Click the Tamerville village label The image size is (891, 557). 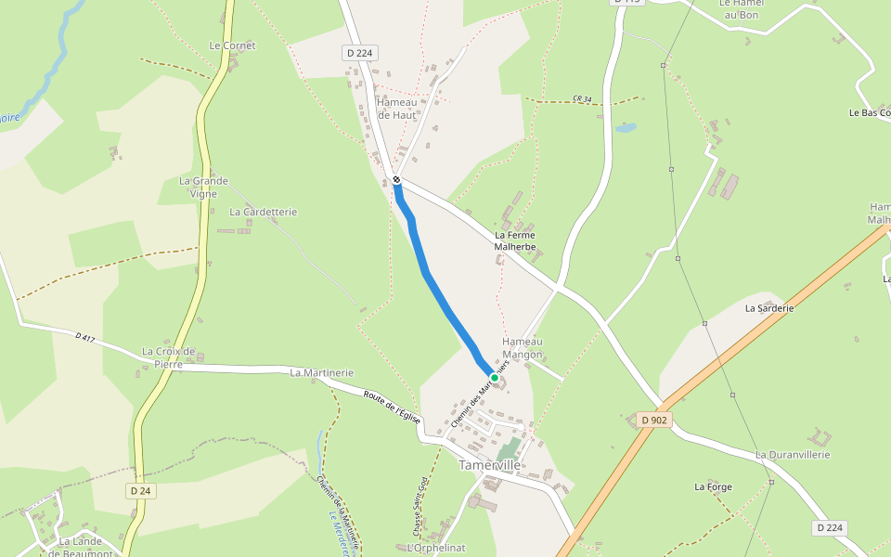point(489,464)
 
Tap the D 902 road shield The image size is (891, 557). point(654,421)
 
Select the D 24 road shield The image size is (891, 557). point(140,490)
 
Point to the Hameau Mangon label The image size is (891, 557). point(522,347)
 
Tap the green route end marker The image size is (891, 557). point(495,378)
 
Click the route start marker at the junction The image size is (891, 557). point(396,179)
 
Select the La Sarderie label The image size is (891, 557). point(769,307)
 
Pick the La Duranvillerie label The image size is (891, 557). point(792,455)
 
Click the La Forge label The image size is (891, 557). point(713,486)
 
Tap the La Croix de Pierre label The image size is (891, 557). point(168,357)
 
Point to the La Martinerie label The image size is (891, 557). point(321,373)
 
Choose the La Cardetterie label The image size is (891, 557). point(263,212)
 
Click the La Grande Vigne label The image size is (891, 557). point(203,188)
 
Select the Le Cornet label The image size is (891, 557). point(232,45)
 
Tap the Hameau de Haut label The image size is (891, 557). point(396,109)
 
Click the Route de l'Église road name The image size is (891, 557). point(392,408)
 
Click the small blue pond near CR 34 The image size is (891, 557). point(626,126)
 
